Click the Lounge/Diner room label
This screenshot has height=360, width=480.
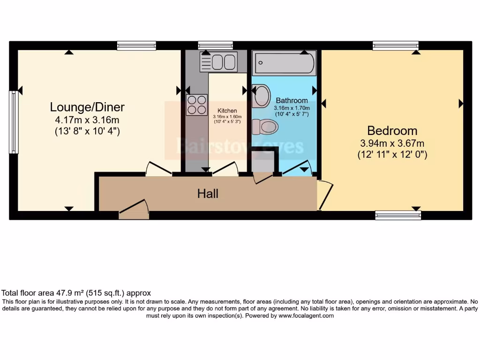(x=87, y=107)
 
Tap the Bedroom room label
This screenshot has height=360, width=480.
(x=392, y=130)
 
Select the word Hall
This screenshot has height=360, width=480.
(x=208, y=193)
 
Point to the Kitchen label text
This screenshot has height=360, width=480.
(x=227, y=111)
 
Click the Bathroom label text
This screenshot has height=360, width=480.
(x=292, y=100)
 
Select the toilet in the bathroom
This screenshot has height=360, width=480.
(x=265, y=126)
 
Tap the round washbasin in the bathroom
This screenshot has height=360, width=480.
(x=261, y=95)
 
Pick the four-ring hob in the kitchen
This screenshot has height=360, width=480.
(x=197, y=105)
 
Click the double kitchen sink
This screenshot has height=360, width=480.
(x=218, y=62)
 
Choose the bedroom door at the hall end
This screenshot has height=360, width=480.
(x=325, y=195)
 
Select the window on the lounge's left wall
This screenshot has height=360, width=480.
(x=14, y=122)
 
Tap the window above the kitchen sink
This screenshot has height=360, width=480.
(x=215, y=45)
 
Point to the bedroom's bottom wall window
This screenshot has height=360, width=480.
(x=398, y=215)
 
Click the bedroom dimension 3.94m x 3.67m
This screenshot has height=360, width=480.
(x=392, y=143)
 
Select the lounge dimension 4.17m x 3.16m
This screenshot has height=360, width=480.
(x=87, y=120)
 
